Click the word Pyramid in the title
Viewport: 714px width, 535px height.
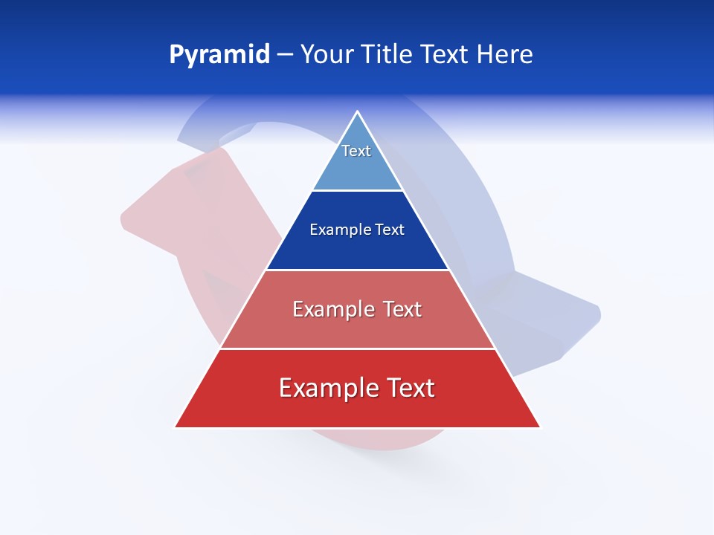click(219, 55)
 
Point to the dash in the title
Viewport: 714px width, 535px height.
click(285, 55)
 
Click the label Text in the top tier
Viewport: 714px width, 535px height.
click(356, 151)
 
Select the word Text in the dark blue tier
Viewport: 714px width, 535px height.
click(390, 230)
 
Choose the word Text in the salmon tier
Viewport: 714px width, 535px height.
click(402, 309)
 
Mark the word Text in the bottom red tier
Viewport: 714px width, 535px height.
click(410, 388)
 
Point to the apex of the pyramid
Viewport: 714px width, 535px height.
click(358, 112)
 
